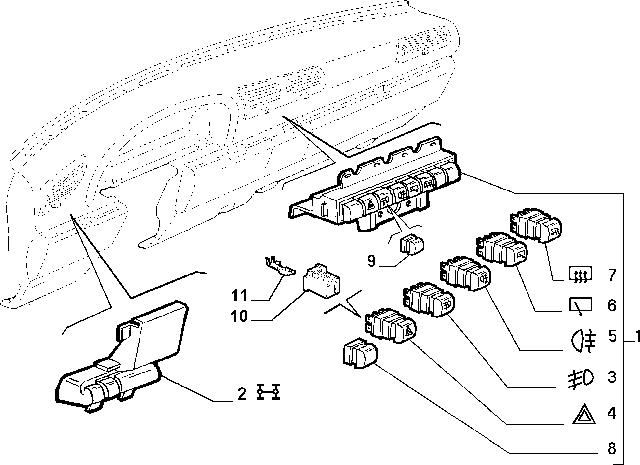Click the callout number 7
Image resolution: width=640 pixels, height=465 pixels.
pyautogui.click(x=612, y=275)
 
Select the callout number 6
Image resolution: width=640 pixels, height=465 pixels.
pyautogui.click(x=612, y=305)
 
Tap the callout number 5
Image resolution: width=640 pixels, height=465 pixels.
pyautogui.click(x=612, y=337)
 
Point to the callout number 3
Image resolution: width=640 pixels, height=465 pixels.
pyautogui.click(x=612, y=377)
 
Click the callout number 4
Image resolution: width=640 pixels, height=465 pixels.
pyautogui.click(x=612, y=414)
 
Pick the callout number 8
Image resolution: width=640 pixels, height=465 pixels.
pyautogui.click(x=612, y=449)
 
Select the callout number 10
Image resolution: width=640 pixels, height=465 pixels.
pyautogui.click(x=239, y=316)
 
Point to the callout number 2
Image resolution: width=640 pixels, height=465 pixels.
pyautogui.click(x=241, y=394)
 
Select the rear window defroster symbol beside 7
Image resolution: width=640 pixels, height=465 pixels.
pyautogui.click(x=581, y=274)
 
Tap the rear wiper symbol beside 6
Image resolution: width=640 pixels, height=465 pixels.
pyautogui.click(x=581, y=306)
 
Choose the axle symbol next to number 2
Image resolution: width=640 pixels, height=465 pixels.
pyautogui.click(x=268, y=391)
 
